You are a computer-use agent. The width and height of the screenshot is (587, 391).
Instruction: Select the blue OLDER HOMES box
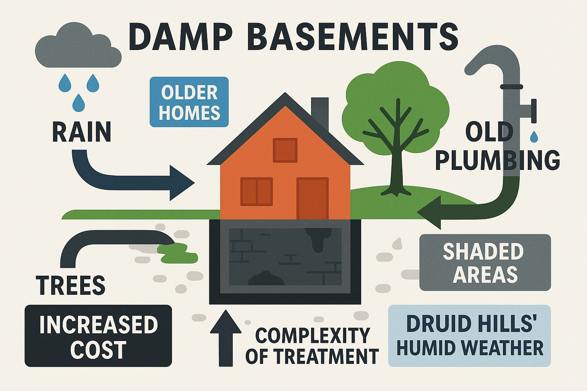coord(189,102)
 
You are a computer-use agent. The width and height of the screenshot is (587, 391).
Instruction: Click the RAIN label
coord(81,132)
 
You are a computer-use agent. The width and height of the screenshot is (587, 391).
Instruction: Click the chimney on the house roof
coord(320,111)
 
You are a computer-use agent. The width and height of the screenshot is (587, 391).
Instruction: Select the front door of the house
coord(312,198)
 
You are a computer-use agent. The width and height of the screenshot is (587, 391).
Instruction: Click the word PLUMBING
coord(498,160)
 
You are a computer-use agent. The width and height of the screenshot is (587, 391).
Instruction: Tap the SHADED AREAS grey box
coord(485,263)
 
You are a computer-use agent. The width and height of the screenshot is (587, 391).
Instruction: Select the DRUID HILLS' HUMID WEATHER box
coord(470,336)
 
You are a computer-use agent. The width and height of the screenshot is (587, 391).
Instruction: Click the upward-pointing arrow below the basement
coord(226,338)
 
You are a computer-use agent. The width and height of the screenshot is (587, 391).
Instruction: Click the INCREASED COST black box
coord(98,336)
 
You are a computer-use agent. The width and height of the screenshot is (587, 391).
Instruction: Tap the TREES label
coord(71,284)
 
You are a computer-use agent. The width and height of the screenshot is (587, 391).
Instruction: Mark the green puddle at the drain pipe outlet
coord(178,253)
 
